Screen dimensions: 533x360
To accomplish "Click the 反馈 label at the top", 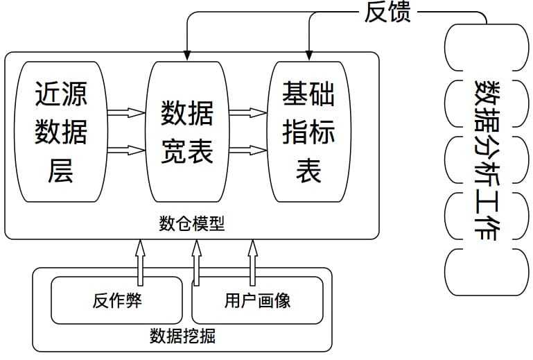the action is coord(387,12).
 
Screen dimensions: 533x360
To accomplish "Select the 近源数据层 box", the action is coord(61,131).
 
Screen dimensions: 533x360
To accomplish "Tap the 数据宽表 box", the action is coord(187,131).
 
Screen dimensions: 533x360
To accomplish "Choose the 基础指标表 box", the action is coord(308,131).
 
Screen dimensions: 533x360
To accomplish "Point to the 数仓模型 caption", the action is coord(192,223).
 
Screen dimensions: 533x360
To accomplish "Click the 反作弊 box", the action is coord(116,300).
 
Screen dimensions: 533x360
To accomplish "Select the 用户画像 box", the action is coord(257,300).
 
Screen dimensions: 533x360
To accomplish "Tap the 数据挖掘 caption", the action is coord(182,336).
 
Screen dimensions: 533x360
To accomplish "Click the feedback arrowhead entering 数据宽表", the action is coord(187,55).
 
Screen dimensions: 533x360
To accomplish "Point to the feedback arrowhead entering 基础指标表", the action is coord(309,55).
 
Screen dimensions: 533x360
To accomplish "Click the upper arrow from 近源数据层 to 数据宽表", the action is coord(126,112).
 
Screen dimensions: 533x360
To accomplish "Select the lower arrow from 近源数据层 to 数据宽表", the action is coord(126,149).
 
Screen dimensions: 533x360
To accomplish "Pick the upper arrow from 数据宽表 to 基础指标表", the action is coord(248,112).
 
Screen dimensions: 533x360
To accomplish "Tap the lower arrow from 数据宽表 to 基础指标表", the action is coord(248,149).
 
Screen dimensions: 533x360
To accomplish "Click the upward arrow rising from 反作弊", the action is coord(140,262).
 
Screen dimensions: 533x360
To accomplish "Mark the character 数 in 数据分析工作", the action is coord(487,94).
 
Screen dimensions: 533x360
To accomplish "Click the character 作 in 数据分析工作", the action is coord(487,228).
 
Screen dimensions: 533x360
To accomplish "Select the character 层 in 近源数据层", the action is coord(61,170).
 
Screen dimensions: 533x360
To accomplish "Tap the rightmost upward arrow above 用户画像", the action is coord(252,262).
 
